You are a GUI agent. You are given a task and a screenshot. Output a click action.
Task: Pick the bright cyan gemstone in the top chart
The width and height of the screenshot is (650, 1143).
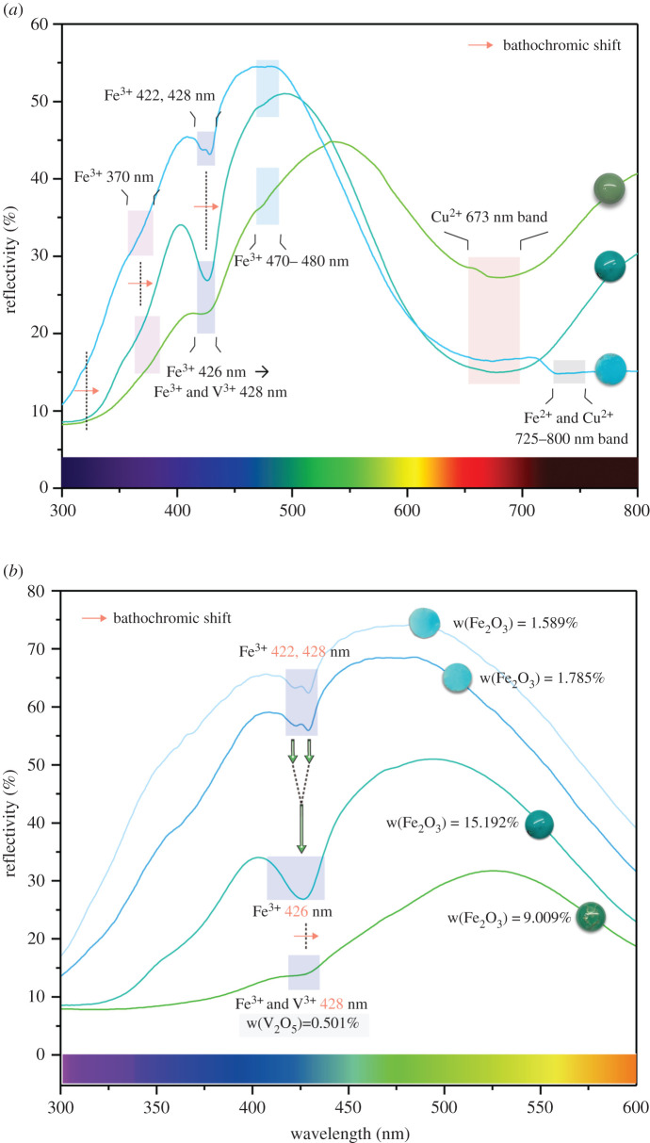pos(611,368)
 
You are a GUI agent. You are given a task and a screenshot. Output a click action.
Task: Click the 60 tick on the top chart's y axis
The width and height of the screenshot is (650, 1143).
pos(41,24)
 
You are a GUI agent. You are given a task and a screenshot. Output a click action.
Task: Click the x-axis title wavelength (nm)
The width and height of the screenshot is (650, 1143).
pos(348,1127)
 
